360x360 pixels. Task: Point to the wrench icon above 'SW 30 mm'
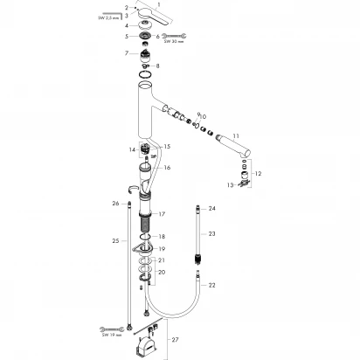(x=174, y=36)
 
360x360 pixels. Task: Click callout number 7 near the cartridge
(x=127, y=54)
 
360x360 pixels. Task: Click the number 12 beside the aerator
(x=258, y=174)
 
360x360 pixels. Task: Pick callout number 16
(x=167, y=167)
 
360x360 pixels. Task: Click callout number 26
(x=115, y=204)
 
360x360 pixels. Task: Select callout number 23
(x=211, y=234)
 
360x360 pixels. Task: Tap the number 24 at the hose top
(x=211, y=209)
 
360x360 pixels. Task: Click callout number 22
(x=211, y=285)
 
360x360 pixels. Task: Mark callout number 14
(x=133, y=150)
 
